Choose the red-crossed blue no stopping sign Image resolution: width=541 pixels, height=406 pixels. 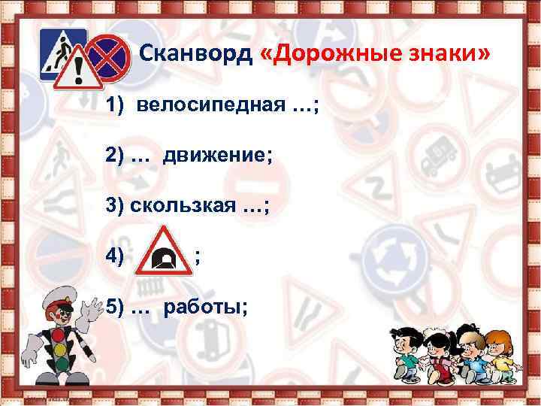(x=107, y=54)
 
